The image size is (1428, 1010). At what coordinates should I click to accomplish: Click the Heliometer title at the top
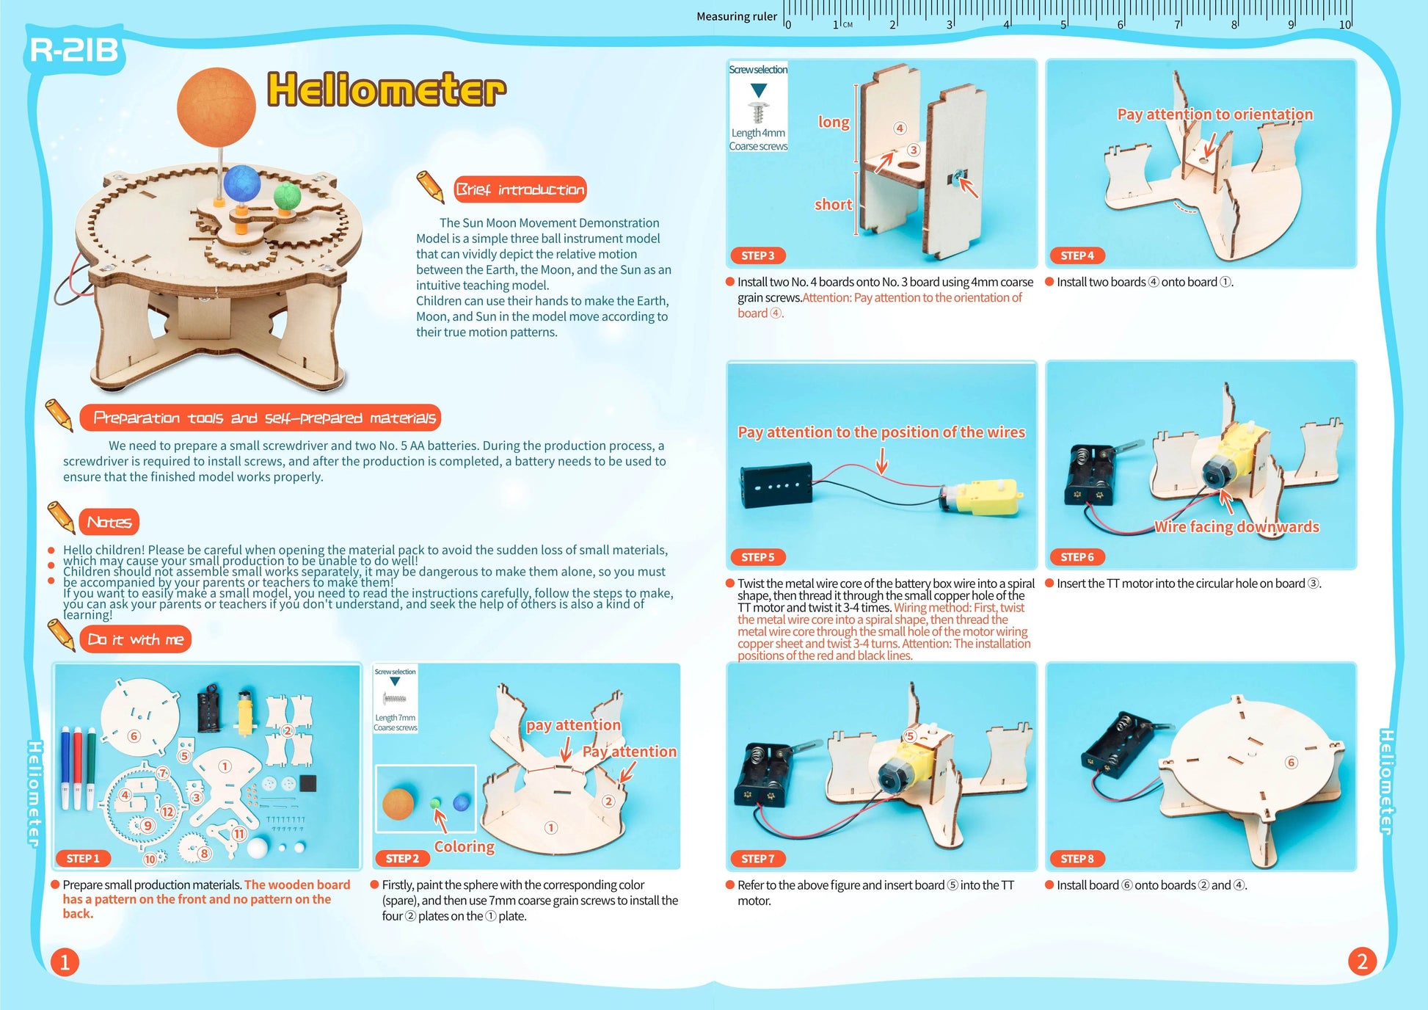(x=387, y=90)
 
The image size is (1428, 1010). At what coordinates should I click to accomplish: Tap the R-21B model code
(x=74, y=51)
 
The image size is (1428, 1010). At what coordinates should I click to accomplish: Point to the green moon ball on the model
(x=287, y=196)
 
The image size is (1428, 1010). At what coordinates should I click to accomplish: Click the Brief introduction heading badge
(x=520, y=189)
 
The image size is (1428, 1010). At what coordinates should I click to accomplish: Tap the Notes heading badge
(x=109, y=522)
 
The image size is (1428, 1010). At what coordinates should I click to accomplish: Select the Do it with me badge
(x=135, y=639)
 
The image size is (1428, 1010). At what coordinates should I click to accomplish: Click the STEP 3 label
(x=757, y=255)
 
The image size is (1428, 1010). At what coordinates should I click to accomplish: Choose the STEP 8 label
(x=1077, y=858)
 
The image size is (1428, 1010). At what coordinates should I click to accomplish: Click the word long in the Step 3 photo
(x=834, y=122)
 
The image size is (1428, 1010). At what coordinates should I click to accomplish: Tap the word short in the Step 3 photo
(x=833, y=205)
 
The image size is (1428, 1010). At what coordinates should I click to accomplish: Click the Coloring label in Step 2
(x=465, y=846)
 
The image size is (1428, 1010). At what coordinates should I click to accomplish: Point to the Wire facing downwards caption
(x=1236, y=526)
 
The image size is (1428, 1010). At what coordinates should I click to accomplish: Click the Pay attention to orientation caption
(x=1214, y=114)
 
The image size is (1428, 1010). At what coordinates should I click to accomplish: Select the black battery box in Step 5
(x=776, y=484)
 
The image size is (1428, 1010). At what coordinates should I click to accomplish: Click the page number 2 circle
(x=1362, y=962)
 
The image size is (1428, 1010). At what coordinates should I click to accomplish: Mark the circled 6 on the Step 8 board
(x=1291, y=763)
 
